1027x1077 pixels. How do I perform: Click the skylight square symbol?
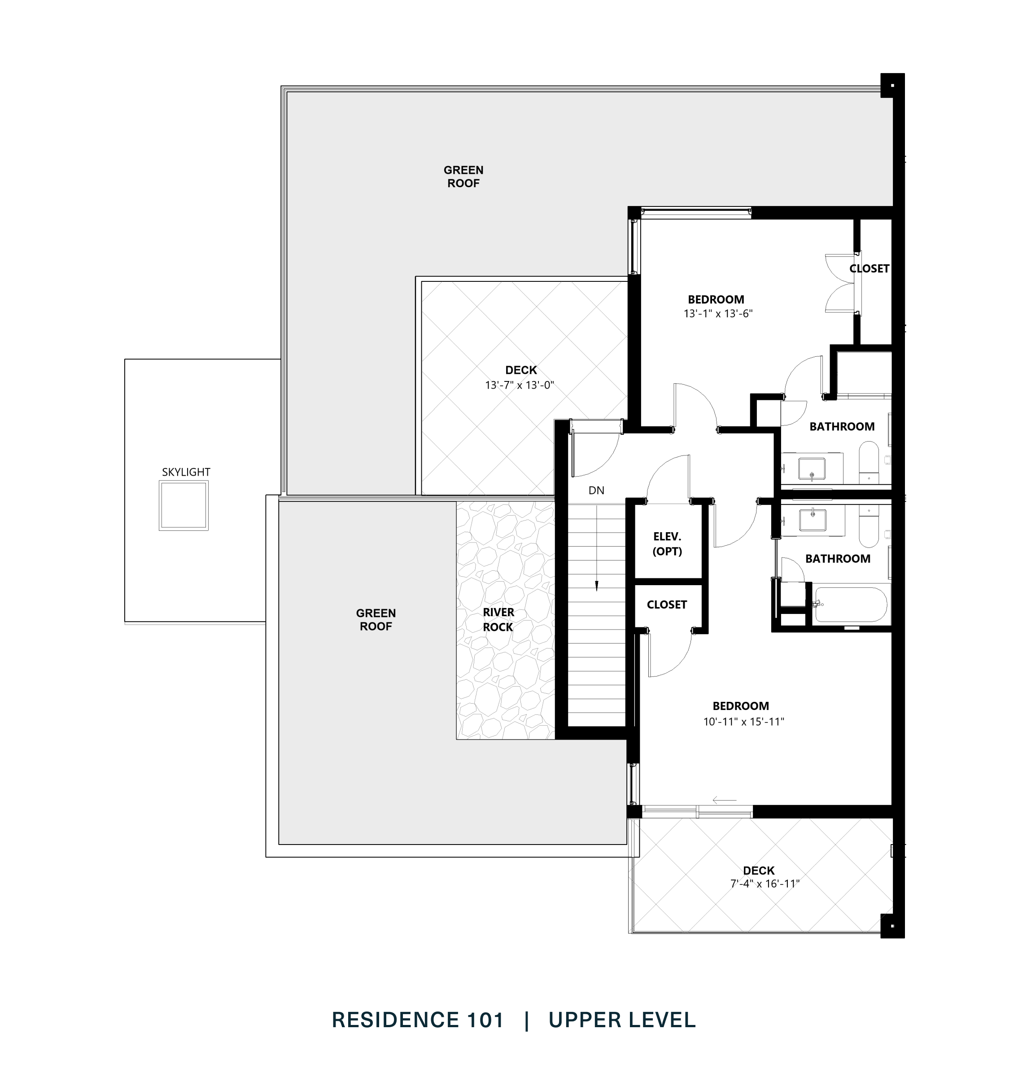tap(184, 505)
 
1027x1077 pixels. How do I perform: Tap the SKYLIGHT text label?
tap(186, 472)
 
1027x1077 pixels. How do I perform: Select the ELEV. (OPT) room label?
tap(667, 544)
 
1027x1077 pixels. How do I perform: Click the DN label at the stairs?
tap(596, 490)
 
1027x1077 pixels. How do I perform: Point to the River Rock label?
tap(498, 619)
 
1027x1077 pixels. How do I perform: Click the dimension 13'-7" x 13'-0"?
tap(520, 385)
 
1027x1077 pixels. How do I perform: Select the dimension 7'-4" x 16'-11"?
tap(765, 884)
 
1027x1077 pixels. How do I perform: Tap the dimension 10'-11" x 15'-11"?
tap(743, 722)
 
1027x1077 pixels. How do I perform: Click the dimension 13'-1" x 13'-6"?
tap(718, 314)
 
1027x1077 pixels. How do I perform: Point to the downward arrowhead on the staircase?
tap(596, 587)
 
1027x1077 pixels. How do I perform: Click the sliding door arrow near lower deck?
tap(724, 801)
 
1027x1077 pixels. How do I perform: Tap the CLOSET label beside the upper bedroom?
tap(870, 268)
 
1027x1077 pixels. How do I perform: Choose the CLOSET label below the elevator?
tap(666, 604)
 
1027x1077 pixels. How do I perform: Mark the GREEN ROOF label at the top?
tap(463, 177)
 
